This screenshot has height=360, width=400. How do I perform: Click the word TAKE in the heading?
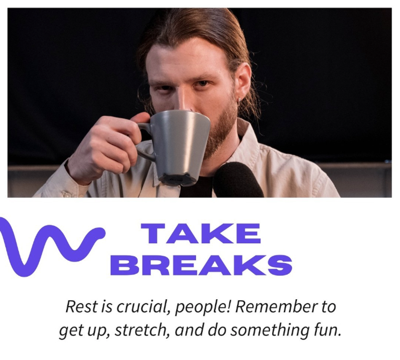point(201,234)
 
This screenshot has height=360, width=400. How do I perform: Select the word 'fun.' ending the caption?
point(327,330)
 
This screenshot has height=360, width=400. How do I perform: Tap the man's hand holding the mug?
point(107,148)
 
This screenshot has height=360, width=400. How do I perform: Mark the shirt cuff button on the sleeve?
point(67,195)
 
